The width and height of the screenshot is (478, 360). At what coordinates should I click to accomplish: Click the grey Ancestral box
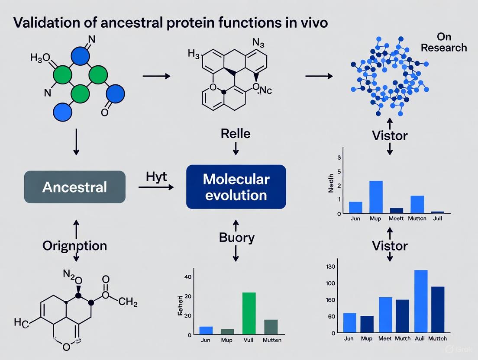[74, 187]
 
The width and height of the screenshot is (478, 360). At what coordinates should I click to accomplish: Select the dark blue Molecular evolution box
[236, 187]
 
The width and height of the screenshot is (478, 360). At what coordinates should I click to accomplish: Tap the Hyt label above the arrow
[157, 177]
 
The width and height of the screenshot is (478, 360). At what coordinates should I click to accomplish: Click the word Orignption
[74, 246]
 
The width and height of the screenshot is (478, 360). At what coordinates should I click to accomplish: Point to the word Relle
[236, 133]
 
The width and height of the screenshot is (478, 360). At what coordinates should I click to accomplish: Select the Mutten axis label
[272, 340]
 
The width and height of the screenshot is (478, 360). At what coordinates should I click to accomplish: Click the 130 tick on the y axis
[330, 267]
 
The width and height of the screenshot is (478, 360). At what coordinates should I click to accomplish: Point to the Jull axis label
[438, 219]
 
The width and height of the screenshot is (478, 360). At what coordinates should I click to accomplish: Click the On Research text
[444, 42]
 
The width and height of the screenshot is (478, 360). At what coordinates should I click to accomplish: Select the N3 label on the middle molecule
[258, 44]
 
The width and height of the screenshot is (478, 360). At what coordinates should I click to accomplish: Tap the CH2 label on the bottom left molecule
[128, 302]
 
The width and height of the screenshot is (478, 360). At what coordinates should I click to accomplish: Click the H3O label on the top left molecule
[40, 58]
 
